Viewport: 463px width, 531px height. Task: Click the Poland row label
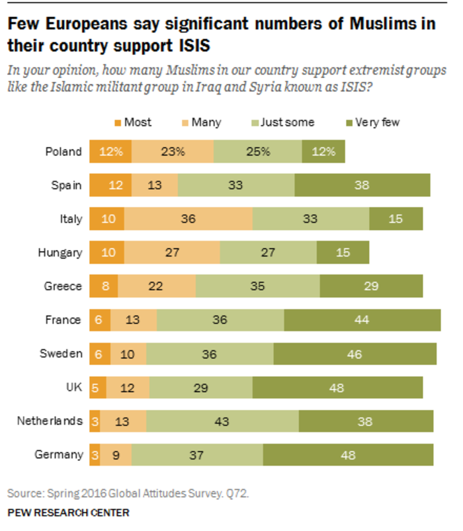point(63,151)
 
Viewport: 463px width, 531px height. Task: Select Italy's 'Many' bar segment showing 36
point(188,219)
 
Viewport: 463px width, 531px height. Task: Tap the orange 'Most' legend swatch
point(118,122)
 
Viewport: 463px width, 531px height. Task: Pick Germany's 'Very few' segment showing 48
point(348,455)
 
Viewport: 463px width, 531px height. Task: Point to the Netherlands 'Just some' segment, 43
point(222,421)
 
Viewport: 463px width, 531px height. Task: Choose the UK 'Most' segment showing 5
point(94,388)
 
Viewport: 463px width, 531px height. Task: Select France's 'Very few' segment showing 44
point(362,320)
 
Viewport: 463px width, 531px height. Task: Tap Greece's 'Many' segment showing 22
point(157,286)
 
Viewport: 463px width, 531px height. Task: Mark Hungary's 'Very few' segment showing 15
point(343,253)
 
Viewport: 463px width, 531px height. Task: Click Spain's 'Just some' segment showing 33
point(236,185)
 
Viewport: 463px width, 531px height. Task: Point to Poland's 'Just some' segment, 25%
point(258,151)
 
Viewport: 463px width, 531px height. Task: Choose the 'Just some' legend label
point(288,122)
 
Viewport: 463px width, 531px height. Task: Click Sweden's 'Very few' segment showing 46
point(355,354)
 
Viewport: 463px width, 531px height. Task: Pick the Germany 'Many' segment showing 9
point(116,455)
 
